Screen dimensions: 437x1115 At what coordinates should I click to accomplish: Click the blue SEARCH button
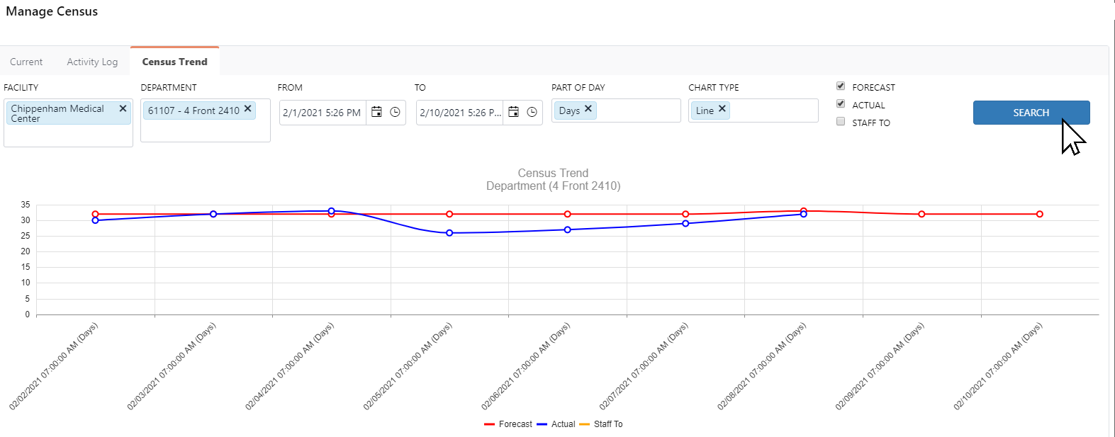pos(1031,113)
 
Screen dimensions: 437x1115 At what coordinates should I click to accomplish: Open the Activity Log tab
pos(92,62)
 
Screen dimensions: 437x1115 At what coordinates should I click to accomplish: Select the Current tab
pos(26,62)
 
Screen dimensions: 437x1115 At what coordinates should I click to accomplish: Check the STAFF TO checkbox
pos(841,122)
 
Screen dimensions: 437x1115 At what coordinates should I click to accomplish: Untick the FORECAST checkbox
pos(841,86)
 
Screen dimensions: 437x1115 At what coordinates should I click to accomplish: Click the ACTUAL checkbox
pos(841,104)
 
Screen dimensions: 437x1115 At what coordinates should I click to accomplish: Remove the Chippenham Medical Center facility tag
pos(123,108)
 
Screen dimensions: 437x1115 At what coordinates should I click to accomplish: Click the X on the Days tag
pos(588,109)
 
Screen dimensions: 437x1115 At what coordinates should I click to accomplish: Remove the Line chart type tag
pos(722,109)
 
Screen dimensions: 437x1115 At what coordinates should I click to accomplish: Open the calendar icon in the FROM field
pos(377,112)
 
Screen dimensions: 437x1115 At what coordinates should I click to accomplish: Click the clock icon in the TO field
pos(532,112)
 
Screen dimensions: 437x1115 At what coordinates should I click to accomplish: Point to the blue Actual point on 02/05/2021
pos(449,233)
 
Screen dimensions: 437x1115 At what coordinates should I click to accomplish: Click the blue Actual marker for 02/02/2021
pos(96,220)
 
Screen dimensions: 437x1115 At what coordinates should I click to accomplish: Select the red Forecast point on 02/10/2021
pos(1039,214)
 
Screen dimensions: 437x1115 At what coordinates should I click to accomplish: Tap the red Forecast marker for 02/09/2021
pos(921,214)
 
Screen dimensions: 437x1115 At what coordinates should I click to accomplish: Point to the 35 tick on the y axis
pos(26,205)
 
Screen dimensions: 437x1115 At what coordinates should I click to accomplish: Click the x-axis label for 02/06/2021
pos(526,367)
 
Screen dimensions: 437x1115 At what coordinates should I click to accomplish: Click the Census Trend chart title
pos(553,173)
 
